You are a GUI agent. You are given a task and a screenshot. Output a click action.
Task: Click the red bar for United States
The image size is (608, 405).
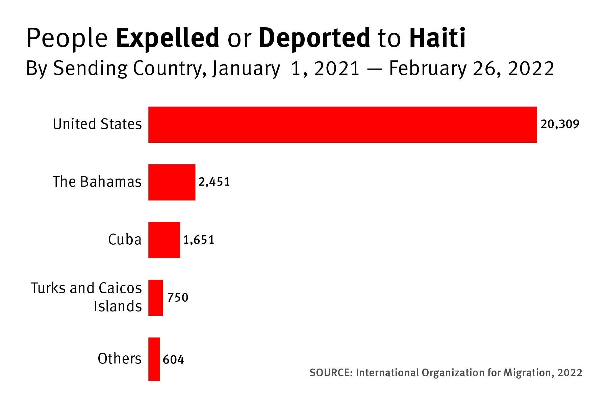[x=342, y=125]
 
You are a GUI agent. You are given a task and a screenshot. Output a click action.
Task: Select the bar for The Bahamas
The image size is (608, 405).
[x=172, y=182]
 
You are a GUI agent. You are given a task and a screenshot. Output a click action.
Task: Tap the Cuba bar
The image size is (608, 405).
[x=164, y=240]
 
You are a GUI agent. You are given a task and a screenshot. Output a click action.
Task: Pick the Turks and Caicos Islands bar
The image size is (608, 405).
[x=155, y=298]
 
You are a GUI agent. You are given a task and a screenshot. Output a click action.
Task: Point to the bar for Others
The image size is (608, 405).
[x=154, y=359]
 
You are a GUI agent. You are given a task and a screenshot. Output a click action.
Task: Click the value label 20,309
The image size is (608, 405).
[x=560, y=125]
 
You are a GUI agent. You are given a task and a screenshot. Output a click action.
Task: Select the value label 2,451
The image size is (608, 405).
[x=214, y=182]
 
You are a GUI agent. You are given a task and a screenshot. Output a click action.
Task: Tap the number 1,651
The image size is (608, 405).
[x=199, y=240]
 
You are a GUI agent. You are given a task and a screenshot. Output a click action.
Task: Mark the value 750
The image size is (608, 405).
[x=178, y=298]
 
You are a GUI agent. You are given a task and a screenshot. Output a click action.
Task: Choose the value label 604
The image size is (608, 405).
[x=173, y=359]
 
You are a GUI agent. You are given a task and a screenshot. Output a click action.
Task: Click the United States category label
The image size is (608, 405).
[x=97, y=124]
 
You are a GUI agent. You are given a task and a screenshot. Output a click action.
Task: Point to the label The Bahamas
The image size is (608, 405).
[x=97, y=182]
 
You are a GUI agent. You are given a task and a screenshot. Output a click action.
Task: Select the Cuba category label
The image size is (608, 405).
[x=125, y=240]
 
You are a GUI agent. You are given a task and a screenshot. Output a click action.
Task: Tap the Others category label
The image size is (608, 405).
[x=119, y=358]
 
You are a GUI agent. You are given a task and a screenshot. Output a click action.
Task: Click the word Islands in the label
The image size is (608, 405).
[x=118, y=306]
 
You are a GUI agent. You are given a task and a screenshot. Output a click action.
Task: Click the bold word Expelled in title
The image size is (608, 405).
[x=168, y=38]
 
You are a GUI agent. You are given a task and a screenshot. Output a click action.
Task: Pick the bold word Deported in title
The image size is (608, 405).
[x=314, y=38]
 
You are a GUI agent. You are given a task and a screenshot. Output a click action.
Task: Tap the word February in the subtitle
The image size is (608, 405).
[x=428, y=69]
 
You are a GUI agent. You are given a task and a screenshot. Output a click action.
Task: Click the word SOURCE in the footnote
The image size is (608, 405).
[x=331, y=373]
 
